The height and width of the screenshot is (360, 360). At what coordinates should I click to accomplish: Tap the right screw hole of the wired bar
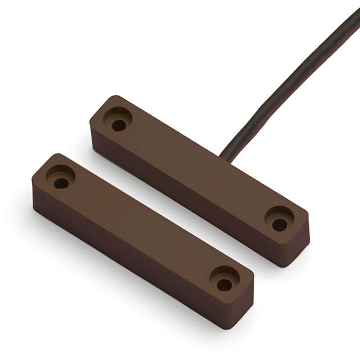[280, 224]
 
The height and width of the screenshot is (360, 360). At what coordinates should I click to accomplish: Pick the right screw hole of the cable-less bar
[224, 285]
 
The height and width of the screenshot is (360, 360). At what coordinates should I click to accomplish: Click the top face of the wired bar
[197, 169]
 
